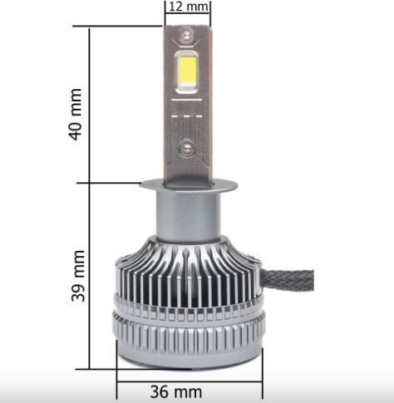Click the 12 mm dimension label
click(187, 7)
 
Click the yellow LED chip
click(187, 71)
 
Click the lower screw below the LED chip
click(187, 148)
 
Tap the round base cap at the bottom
click(189, 353)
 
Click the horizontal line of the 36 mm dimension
click(189, 376)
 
